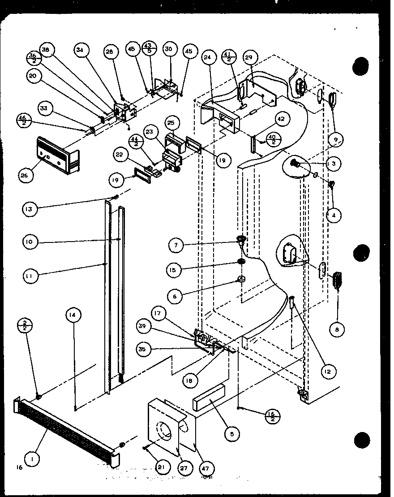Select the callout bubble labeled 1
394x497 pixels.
coord(30,458)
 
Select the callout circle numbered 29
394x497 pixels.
coord(249,57)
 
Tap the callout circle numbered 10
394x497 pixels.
coord(30,242)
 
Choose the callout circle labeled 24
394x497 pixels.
coord(207,57)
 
